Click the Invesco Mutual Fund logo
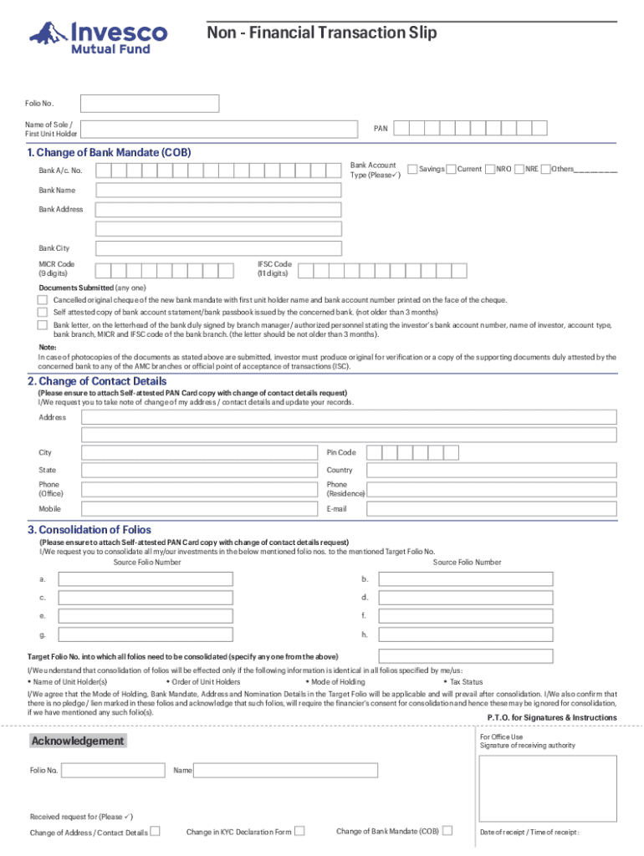point(98,37)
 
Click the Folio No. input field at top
point(150,104)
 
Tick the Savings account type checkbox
point(411,170)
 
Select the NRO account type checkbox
point(490,170)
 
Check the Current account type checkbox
point(451,170)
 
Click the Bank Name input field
point(218,191)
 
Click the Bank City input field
point(218,248)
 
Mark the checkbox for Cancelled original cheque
point(43,299)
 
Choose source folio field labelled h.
point(465,635)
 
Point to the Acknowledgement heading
point(77,741)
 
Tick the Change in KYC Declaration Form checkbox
point(300,831)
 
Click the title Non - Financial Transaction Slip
point(322,33)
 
